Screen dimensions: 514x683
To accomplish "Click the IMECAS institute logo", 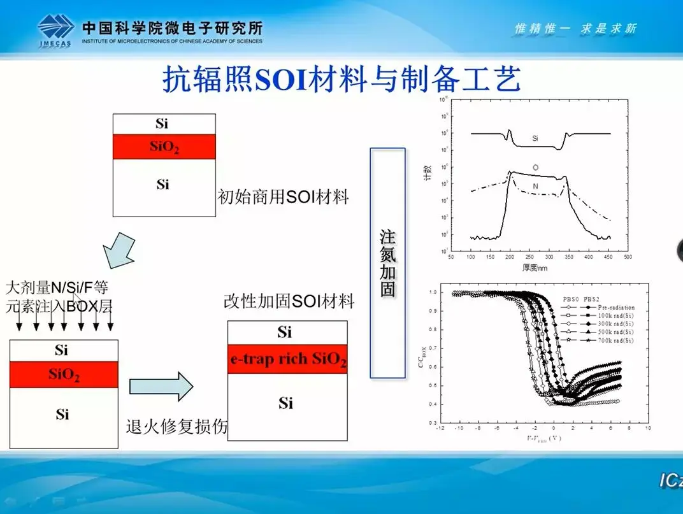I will [56, 30].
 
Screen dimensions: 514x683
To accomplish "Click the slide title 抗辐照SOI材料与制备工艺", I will [342, 80].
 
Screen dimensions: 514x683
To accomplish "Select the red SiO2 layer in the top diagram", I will [164, 146].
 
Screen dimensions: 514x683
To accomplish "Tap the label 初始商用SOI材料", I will [283, 197].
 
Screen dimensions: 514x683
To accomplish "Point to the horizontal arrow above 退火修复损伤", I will [161, 387].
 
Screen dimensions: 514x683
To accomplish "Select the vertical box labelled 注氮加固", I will [387, 263].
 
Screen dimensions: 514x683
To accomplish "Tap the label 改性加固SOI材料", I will [289, 301].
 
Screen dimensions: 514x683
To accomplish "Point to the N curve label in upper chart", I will [535, 186].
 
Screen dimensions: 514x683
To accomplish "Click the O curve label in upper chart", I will [535, 168].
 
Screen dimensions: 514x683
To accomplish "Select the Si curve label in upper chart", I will [535, 138].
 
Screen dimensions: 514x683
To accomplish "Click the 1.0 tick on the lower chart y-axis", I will [433, 292].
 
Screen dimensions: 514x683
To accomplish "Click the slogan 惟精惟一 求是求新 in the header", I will [575, 29].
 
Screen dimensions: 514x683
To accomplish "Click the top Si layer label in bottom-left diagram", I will [62, 350].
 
